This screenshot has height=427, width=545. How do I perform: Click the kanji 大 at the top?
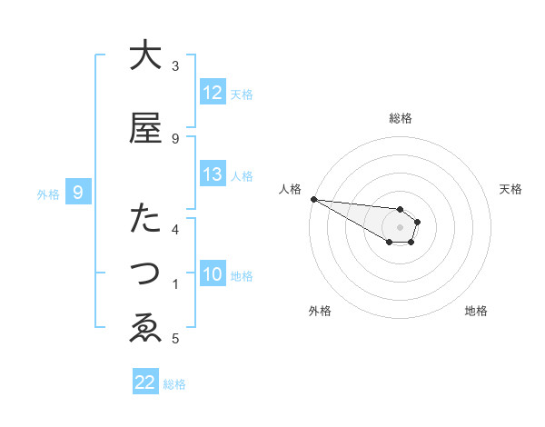(144, 56)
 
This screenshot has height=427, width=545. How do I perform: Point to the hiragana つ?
(144, 273)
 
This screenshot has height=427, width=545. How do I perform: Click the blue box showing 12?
(213, 93)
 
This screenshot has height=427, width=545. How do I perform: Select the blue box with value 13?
(213, 174)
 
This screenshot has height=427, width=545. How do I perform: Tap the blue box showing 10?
(213, 274)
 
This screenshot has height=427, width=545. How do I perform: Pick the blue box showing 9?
(78, 193)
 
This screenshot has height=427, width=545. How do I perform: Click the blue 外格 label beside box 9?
(48, 194)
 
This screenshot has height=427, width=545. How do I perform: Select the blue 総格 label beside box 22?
(174, 383)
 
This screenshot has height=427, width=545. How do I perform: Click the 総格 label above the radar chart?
(401, 118)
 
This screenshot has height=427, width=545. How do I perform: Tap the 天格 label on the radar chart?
(511, 189)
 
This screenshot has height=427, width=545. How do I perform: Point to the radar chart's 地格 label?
(476, 312)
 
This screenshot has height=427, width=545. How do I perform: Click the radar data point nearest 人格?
(313, 199)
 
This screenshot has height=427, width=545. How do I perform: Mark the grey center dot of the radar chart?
(400, 226)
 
